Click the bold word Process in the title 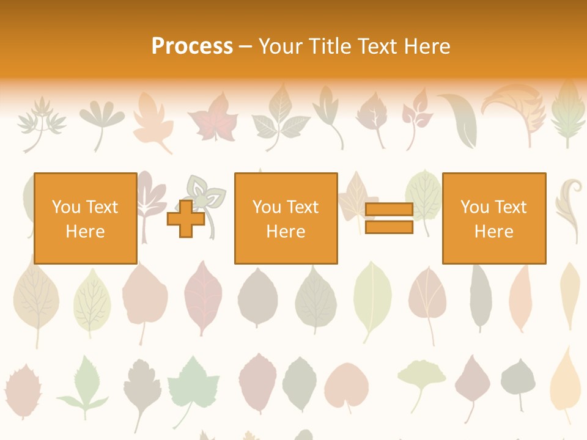192,46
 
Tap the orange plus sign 186,219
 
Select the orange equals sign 389,218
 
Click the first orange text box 86,218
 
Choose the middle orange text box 286,218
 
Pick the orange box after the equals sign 493,218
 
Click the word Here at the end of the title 427,46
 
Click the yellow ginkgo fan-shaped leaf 421,376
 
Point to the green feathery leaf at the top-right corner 568,116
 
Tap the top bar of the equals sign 389,210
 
